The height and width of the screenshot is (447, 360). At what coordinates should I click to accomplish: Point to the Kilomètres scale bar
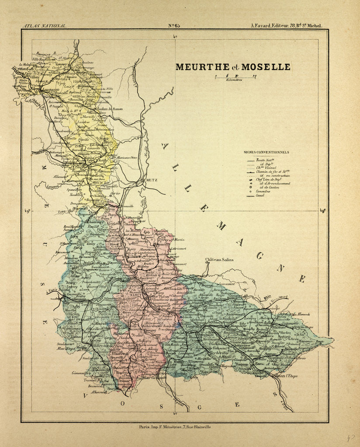pyautogui.click(x=235, y=77)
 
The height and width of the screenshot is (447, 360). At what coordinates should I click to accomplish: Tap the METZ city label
pyautogui.click(x=151, y=179)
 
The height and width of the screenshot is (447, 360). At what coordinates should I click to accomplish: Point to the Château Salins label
pyautogui.click(x=219, y=260)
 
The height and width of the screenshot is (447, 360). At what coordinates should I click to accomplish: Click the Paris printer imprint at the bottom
pyautogui.click(x=174, y=426)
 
